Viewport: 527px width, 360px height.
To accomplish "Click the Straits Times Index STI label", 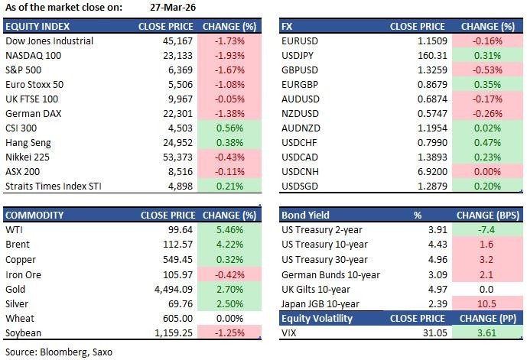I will (53, 186).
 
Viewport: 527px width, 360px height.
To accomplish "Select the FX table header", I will (288, 26).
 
